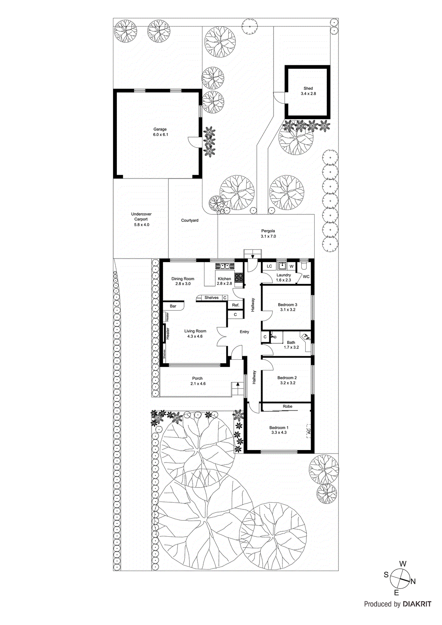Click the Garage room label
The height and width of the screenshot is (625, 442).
[160, 129]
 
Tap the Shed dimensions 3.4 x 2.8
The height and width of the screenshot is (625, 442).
[308, 94]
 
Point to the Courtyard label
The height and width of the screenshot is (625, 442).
[190, 221]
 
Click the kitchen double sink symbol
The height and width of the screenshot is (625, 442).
[224, 266]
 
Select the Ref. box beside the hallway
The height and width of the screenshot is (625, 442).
[236, 305]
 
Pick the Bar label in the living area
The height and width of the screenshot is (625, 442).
[173, 306]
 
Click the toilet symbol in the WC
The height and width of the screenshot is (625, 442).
[304, 267]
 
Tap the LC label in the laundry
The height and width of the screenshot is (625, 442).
[269, 266]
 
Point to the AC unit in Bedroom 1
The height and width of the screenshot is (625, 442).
[308, 431]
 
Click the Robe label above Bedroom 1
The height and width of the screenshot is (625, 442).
[288, 407]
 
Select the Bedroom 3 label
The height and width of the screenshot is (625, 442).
[288, 305]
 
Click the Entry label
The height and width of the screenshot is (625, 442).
[244, 332]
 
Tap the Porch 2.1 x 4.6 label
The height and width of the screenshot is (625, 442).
[198, 381]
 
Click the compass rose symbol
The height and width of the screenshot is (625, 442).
[400, 579]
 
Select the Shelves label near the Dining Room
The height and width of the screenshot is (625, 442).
[211, 298]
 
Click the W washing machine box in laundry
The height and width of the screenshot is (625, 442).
[292, 266]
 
